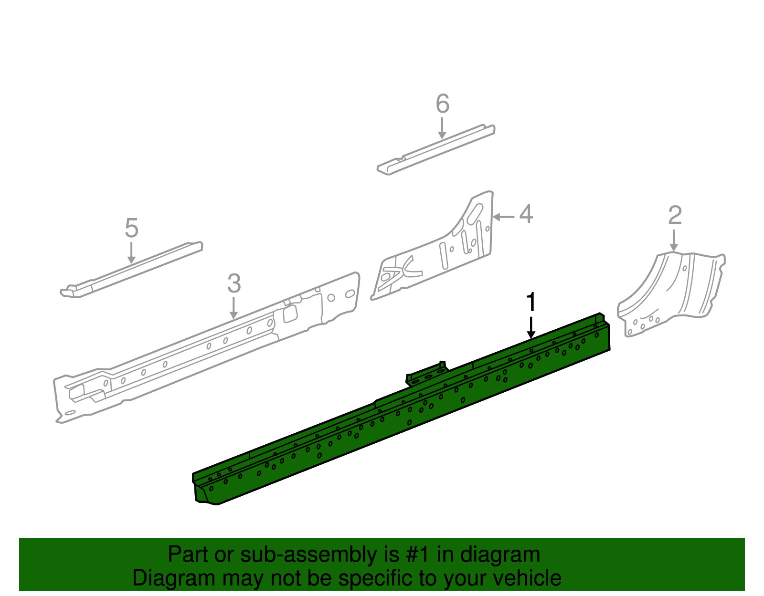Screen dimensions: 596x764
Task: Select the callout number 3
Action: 233,284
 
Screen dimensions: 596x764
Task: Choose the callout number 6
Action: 443,104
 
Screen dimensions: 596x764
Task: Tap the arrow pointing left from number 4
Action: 503,217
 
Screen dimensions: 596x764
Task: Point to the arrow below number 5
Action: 131,252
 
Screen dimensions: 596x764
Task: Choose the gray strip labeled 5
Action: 131,270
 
